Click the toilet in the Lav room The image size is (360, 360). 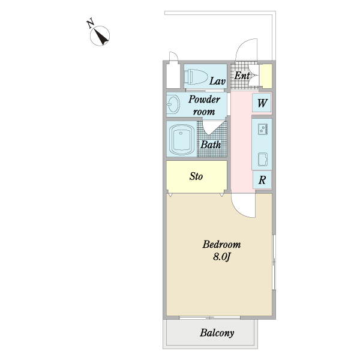[196, 76]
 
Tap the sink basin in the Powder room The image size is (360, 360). [173, 104]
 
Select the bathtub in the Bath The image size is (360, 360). [182, 139]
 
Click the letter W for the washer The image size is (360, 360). [262, 103]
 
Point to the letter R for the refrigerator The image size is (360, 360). [262, 180]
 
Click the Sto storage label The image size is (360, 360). [196, 176]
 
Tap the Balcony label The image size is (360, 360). [217, 333]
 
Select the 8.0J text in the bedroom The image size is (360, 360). [221, 257]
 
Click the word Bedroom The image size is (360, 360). [221, 244]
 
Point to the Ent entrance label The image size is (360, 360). [242, 76]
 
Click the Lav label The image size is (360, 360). [217, 81]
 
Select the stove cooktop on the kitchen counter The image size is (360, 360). [263, 129]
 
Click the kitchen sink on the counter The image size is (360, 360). [263, 160]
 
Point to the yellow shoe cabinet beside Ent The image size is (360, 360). [266, 76]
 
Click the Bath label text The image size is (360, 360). [211, 145]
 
